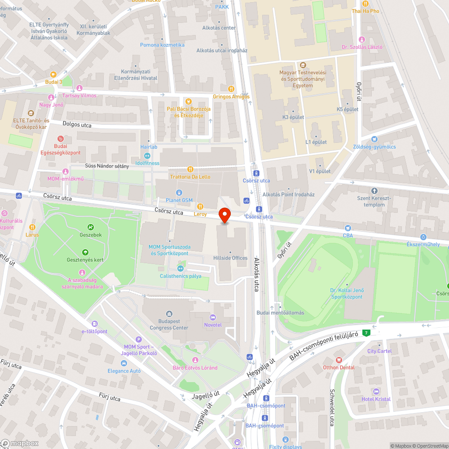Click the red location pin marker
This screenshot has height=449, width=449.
tap(224, 215)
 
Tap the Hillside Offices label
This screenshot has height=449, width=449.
tap(230, 258)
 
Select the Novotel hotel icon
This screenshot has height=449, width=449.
tap(213, 317)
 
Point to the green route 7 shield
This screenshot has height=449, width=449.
tap(367, 333)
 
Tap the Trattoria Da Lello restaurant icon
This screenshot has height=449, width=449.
tap(190, 169)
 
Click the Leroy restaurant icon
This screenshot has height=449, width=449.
tap(200, 207)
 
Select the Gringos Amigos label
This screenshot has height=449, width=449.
tap(231, 97)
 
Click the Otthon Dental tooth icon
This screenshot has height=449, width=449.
tap(339, 360)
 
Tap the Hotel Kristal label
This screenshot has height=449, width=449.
tap(376, 399)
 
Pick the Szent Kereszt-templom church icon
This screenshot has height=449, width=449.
tap(374, 191)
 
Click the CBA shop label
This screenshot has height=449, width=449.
tap(348, 235)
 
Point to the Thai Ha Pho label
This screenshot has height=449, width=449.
tap(365, 11)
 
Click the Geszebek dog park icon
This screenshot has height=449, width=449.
tap(91, 227)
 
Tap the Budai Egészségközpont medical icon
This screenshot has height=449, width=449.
tap(61, 139)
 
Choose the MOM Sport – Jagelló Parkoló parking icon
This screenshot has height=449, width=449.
tap(139, 339)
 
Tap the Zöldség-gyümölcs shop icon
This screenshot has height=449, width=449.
tap(375, 139)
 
